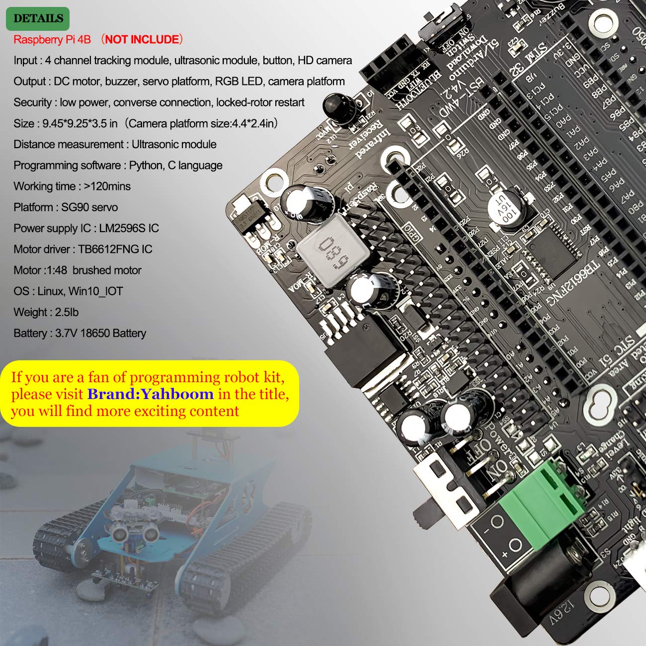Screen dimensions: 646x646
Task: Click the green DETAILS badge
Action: [38, 18]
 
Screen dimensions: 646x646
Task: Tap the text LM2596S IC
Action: [129, 228]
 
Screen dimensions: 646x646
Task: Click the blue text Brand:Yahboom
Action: [151, 394]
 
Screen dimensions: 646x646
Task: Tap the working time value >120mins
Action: [107, 186]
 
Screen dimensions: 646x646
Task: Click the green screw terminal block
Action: [542, 502]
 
